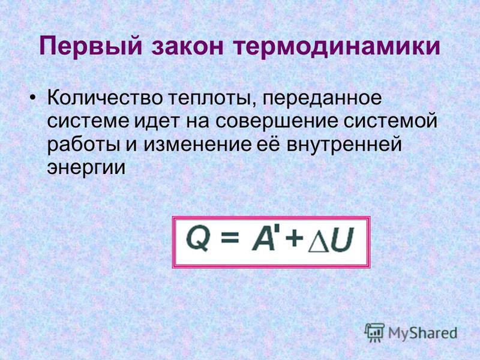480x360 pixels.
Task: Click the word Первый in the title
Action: click(91, 47)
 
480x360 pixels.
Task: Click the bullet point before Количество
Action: click(33, 98)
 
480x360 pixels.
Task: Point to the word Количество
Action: click(104, 98)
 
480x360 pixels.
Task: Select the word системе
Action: click(88, 122)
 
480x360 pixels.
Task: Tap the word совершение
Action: click(277, 122)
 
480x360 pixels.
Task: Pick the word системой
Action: click(391, 121)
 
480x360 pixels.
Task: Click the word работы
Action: click(83, 144)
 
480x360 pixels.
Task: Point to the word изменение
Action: click(197, 145)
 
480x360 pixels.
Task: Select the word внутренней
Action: click(344, 143)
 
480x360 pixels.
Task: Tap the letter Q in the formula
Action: click(198, 239)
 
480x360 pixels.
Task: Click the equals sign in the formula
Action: click(230, 237)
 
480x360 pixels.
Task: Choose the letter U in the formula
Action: click(342, 239)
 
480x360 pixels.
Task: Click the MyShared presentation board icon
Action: click(374, 332)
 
